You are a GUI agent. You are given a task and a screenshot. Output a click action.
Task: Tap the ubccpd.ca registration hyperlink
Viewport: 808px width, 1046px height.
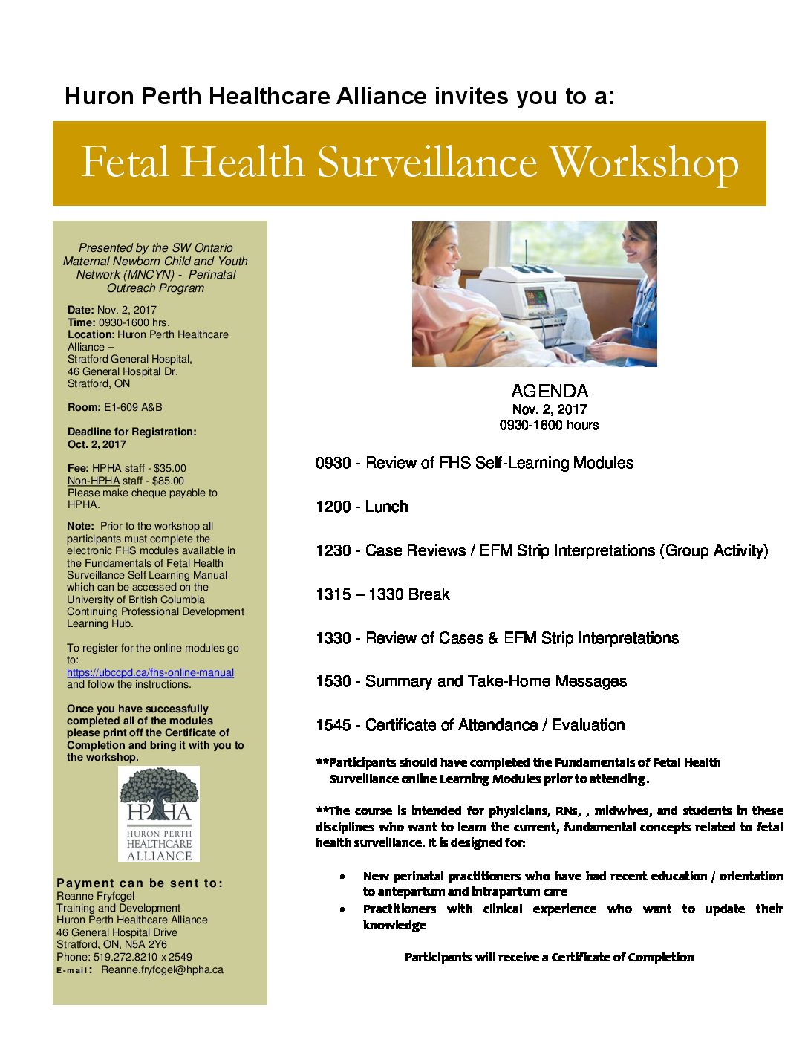(150, 672)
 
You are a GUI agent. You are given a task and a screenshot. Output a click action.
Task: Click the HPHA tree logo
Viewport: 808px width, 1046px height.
(159, 813)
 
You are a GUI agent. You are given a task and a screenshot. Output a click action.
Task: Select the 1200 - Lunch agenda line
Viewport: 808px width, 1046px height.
(362, 507)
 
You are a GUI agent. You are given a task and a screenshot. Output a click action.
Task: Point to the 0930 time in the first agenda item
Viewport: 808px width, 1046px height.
(333, 463)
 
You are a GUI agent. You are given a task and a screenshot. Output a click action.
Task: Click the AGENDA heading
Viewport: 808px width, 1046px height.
(550, 391)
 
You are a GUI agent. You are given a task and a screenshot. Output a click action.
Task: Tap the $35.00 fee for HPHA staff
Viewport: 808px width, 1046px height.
(170, 468)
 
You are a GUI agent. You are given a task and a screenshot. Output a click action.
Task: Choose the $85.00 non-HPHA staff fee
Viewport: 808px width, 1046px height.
(168, 481)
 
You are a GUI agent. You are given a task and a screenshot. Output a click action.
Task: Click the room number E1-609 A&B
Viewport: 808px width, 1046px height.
(133, 407)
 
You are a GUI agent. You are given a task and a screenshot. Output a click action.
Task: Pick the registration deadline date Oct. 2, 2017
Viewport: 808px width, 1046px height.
(97, 444)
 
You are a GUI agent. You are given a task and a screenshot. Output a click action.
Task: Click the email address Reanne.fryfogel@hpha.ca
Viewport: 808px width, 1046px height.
(162, 969)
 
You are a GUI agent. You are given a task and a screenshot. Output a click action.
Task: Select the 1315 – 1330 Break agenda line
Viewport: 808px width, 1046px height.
(382, 594)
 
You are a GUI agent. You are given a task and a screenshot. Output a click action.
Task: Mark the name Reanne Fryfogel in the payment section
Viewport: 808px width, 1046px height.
(96, 896)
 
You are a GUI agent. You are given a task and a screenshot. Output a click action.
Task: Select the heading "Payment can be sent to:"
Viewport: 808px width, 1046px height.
(140, 883)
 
